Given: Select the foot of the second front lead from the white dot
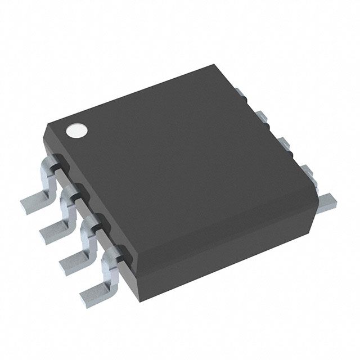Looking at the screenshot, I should (52, 228).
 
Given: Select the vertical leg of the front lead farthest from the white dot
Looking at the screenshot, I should (108, 264).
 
